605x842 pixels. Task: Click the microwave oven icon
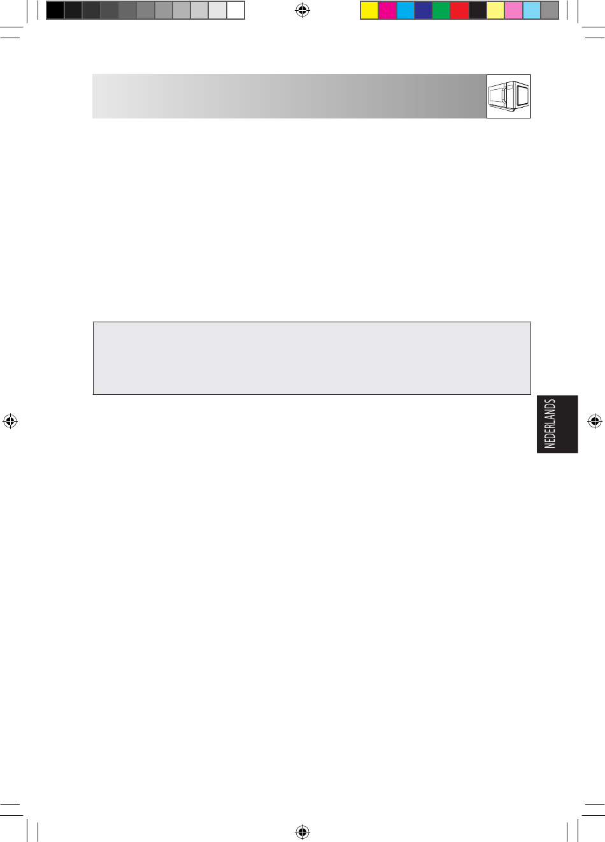508,96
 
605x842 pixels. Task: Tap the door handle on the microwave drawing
504,96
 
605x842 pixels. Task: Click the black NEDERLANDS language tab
557,424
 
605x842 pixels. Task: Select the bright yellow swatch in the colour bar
369,10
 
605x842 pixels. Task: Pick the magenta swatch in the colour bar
387,10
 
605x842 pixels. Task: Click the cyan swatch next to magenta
406,10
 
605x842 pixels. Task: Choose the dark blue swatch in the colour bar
423,10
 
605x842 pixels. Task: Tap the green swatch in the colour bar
441,10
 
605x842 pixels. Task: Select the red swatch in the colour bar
460,10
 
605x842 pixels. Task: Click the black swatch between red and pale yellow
478,10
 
